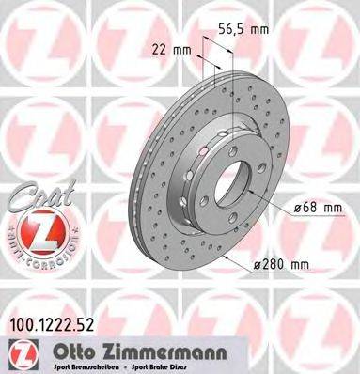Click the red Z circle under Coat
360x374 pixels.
(35, 229)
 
